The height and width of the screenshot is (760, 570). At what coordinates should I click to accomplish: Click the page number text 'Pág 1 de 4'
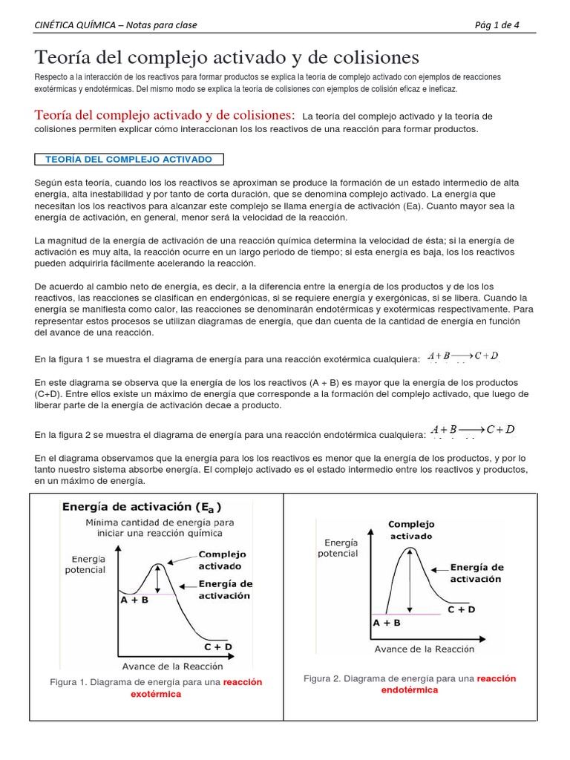pyautogui.click(x=497, y=24)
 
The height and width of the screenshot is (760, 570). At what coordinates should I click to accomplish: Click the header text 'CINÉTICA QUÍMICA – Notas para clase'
pyautogui.click(x=116, y=24)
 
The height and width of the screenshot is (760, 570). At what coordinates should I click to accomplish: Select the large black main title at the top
pyautogui.click(x=227, y=56)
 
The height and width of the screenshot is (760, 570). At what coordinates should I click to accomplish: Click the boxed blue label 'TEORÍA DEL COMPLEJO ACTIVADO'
pyautogui.click(x=129, y=160)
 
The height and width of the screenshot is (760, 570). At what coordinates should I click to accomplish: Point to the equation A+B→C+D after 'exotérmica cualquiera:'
pyautogui.click(x=463, y=356)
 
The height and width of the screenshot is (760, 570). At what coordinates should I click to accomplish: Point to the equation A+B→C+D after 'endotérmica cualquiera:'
pyautogui.click(x=473, y=430)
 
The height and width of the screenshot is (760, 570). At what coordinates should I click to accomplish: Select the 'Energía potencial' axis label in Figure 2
pyautogui.click(x=338, y=548)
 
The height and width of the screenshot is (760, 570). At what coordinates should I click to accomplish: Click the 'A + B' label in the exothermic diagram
pyautogui.click(x=134, y=600)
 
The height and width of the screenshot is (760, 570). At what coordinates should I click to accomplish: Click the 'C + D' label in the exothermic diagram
pyautogui.click(x=218, y=646)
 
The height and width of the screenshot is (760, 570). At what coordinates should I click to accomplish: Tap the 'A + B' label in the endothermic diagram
pyautogui.click(x=386, y=623)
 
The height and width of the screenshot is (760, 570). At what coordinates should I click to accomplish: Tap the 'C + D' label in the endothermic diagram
pyautogui.click(x=461, y=609)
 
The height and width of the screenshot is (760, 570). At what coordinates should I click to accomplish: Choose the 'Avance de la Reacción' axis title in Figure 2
pyautogui.click(x=424, y=649)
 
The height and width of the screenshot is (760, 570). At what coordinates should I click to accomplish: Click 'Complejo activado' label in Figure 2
pyautogui.click(x=412, y=530)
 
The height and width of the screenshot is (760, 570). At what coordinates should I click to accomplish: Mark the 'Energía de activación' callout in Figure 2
pyautogui.click(x=476, y=573)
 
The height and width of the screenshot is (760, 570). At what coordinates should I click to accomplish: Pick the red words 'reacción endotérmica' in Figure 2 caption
pyautogui.click(x=445, y=684)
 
